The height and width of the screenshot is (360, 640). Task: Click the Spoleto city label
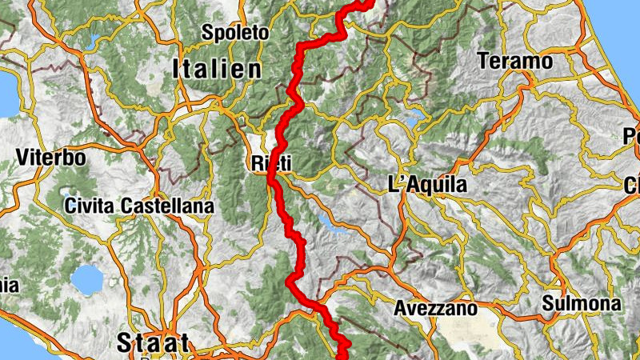(x=235, y=33)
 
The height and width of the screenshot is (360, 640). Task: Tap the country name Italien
(x=216, y=70)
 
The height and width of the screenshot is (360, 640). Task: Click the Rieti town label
(x=270, y=163)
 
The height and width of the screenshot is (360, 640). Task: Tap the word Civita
(x=90, y=206)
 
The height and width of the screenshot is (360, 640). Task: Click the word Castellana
(x=167, y=206)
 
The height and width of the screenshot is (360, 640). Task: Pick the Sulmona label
(x=581, y=304)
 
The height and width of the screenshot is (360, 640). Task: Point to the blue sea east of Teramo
(x=616, y=48)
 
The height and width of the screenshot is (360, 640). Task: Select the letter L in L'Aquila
(x=394, y=185)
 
